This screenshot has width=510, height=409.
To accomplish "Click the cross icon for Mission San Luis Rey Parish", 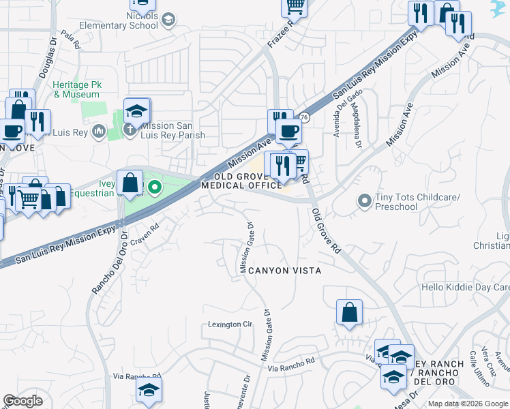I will [131, 130].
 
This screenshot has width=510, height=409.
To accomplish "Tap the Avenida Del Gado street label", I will [346, 112].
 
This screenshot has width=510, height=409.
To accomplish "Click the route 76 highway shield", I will [305, 118].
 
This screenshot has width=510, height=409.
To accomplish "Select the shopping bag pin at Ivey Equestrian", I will [130, 183].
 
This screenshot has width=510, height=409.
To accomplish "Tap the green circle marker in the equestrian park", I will [155, 187].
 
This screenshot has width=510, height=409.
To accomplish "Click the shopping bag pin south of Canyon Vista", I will [349, 313].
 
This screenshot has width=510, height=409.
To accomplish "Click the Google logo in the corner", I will [23, 401].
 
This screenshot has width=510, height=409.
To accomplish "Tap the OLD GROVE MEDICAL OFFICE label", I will [242, 181].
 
